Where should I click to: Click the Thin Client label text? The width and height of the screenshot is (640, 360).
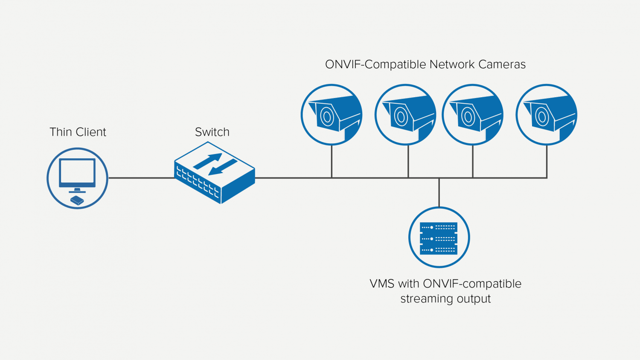(x=78, y=132)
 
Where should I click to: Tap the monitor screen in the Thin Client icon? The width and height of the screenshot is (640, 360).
(x=77, y=171)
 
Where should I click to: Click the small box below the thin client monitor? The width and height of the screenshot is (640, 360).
(x=77, y=200)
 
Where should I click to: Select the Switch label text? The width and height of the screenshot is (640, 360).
(x=212, y=132)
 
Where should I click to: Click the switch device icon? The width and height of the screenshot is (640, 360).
(x=215, y=173)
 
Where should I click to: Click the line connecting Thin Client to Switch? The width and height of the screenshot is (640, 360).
(x=141, y=178)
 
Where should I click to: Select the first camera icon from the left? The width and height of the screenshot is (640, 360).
(x=332, y=115)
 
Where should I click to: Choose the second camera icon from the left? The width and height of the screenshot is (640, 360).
(x=405, y=115)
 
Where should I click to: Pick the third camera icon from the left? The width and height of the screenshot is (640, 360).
(x=473, y=115)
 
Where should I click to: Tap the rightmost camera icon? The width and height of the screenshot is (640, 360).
(x=547, y=115)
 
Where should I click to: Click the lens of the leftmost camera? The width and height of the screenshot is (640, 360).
(x=327, y=116)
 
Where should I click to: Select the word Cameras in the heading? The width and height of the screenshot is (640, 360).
(x=502, y=64)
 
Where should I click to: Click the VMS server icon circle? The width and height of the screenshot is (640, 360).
(x=439, y=238)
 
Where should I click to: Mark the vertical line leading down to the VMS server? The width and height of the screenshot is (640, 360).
(x=439, y=192)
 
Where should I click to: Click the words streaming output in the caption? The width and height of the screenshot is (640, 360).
(x=445, y=299)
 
